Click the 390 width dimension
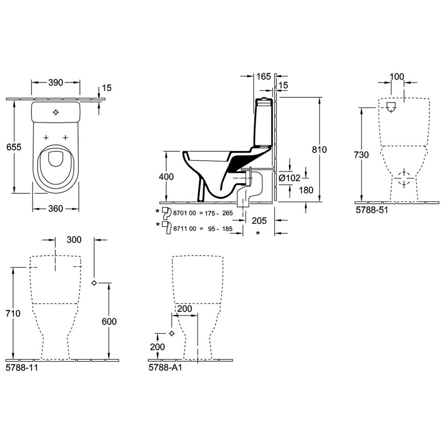[55, 83]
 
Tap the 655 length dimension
[14, 147]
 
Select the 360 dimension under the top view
[55, 209]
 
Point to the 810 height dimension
[319, 150]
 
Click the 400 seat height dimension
[166, 177]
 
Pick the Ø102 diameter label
[289, 178]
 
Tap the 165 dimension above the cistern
[263, 77]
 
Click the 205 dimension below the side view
[259, 221]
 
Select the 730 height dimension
[361, 155]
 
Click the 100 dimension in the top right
[396, 77]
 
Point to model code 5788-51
[372, 210]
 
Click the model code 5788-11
[21, 368]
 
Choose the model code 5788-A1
[165, 368]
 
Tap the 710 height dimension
[13, 313]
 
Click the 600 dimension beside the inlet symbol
[109, 322]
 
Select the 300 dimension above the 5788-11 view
[74, 240]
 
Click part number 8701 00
[185, 213]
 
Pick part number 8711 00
[185, 229]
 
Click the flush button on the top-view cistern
[56, 113]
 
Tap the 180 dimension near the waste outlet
[306, 190]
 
